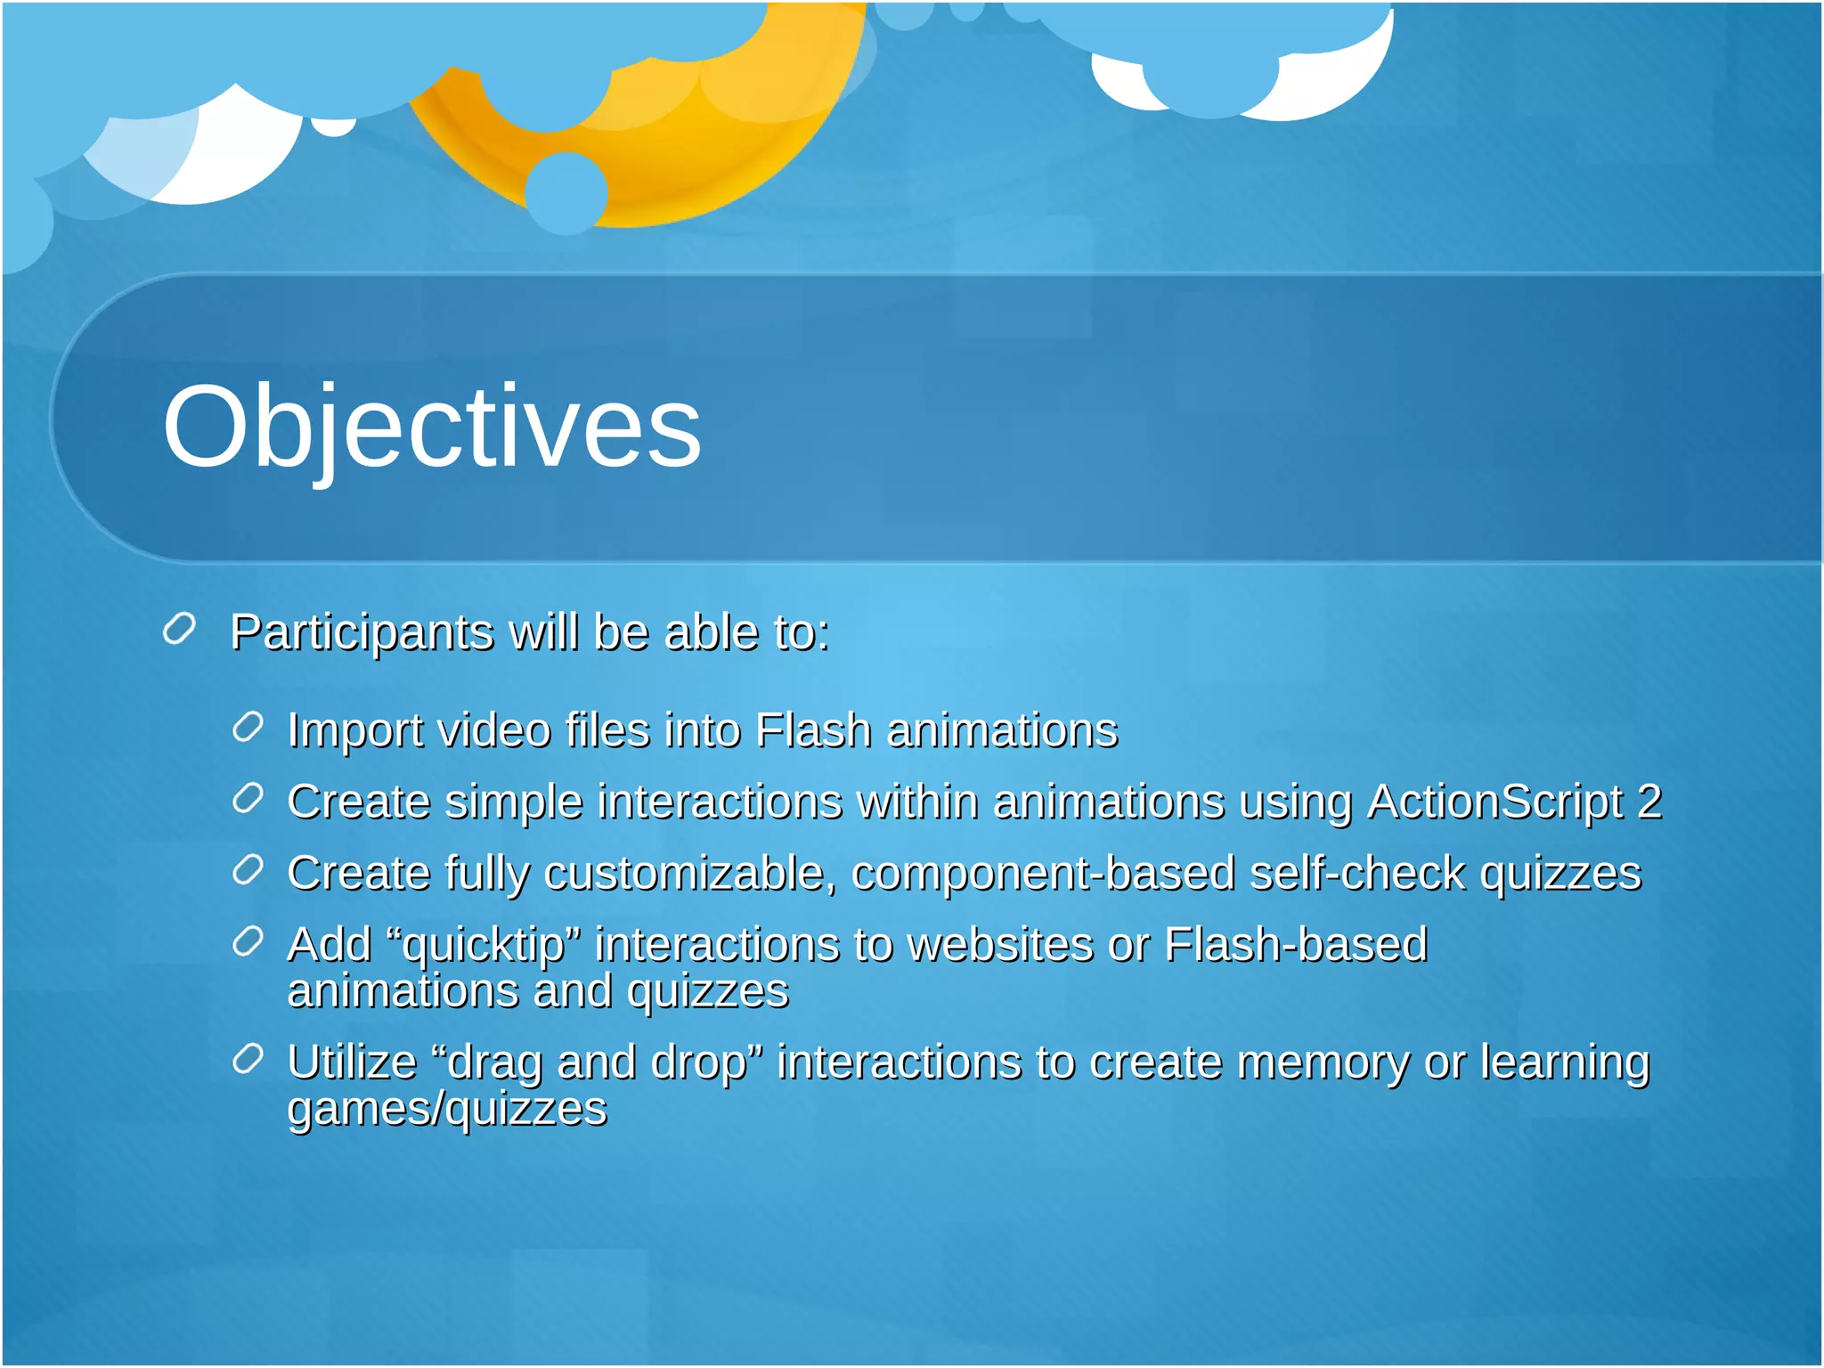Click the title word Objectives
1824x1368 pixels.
[x=432, y=426]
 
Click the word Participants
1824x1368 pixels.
[x=362, y=633]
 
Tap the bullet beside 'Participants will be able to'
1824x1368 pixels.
[x=179, y=629]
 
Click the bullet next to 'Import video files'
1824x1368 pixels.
[x=248, y=728]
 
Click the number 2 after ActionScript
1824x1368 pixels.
[x=1649, y=802]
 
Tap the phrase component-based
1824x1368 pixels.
[x=1043, y=874]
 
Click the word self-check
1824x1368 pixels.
[x=1357, y=874]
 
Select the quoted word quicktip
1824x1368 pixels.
[x=484, y=946]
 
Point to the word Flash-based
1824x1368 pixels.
[x=1296, y=945]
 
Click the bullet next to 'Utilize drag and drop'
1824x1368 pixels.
[x=248, y=1059]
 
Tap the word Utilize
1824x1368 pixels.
[x=352, y=1063]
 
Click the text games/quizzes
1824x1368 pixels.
[x=447, y=1110]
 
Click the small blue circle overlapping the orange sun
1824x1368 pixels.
[x=566, y=193]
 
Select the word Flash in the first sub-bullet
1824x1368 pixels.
[x=812, y=731]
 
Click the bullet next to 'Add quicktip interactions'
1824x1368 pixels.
[x=248, y=941]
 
